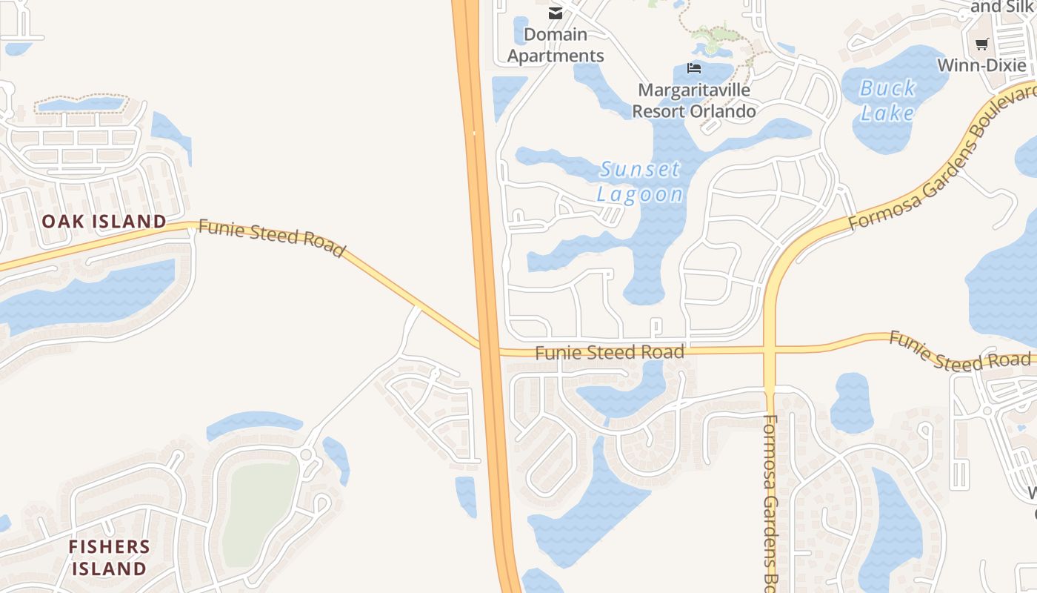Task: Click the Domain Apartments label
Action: coord(556,45)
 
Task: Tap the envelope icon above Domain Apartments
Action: coord(555,13)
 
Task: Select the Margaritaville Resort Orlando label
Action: coord(694,101)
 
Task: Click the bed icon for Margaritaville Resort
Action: coord(694,68)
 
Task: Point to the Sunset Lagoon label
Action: coord(640,182)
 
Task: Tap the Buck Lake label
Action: coord(888,101)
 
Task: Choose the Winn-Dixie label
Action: coord(982,65)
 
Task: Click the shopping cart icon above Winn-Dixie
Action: coord(982,44)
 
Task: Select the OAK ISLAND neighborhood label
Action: coord(104,221)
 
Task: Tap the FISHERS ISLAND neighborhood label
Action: coord(108,557)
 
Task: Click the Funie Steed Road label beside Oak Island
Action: coord(272,238)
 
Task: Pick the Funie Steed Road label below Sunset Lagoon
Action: coord(609,352)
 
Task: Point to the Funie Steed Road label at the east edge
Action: coord(959,352)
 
